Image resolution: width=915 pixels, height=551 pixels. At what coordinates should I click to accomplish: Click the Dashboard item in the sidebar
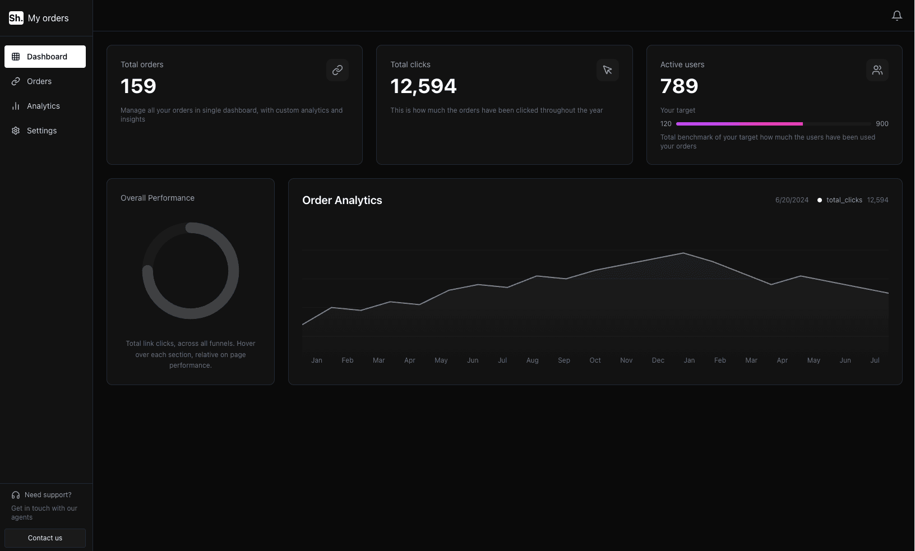pos(45,57)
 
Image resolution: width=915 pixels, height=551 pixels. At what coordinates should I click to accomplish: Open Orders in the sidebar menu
pos(39,81)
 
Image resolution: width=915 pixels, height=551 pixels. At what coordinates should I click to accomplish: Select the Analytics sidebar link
pos(43,106)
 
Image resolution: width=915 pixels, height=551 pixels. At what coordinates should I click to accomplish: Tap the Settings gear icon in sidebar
pos(16,131)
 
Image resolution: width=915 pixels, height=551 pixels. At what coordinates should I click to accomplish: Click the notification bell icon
pos(896,16)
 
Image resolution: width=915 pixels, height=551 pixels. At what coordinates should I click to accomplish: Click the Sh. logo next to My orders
pos(16,18)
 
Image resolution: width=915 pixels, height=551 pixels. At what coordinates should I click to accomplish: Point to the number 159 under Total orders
pos(138,86)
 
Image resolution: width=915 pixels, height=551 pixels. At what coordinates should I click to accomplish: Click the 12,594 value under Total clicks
pos(423,86)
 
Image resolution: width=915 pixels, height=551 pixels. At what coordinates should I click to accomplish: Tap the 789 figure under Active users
pos(679,86)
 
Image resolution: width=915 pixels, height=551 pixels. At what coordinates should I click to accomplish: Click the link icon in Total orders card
pos(337,70)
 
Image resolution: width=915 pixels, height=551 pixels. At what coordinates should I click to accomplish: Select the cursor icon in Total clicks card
pos(607,70)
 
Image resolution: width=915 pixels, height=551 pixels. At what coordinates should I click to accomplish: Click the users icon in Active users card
pos(877,70)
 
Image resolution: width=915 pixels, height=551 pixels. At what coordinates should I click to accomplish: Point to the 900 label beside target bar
pos(882,124)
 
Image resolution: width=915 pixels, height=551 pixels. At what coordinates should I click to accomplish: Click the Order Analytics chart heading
pos(342,200)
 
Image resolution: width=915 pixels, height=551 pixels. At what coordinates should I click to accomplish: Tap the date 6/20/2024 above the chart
pos(792,200)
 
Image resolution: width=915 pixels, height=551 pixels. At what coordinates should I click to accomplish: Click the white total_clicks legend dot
pos(820,200)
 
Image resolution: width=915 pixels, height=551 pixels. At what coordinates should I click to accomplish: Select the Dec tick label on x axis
pos(658,360)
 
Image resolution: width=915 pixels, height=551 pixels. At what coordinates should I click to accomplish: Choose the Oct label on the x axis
pos(595,360)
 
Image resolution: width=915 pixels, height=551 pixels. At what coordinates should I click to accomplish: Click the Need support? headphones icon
pos(16,495)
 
